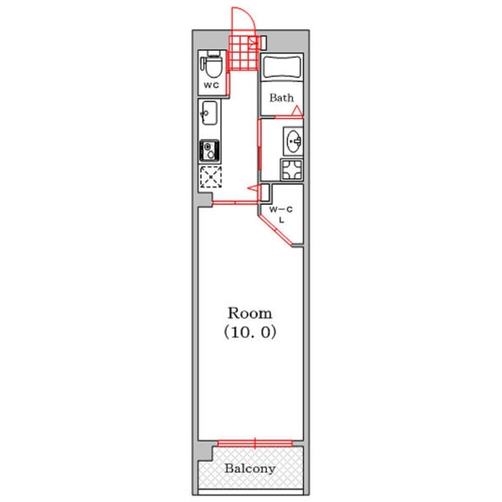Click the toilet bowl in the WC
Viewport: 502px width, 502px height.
213,64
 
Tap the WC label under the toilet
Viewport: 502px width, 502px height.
212,85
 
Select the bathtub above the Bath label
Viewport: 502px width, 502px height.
282,68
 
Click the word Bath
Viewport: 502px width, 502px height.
281,98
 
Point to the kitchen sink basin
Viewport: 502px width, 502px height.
209,113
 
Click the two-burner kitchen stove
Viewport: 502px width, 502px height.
209,151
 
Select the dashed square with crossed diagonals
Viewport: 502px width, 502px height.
211,177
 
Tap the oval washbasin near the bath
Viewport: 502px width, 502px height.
294,141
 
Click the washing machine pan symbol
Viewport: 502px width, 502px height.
292,169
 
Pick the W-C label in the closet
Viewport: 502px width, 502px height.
281,210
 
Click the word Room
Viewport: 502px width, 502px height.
249,313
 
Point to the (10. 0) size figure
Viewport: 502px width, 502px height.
249,333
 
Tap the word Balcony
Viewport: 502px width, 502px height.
249,469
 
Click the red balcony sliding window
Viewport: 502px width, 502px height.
255,443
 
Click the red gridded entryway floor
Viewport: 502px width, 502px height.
243,53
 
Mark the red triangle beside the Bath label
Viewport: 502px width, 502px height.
297,110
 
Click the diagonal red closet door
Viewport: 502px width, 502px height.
275,230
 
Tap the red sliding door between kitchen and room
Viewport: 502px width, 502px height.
236,202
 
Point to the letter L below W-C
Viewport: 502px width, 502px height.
282,220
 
